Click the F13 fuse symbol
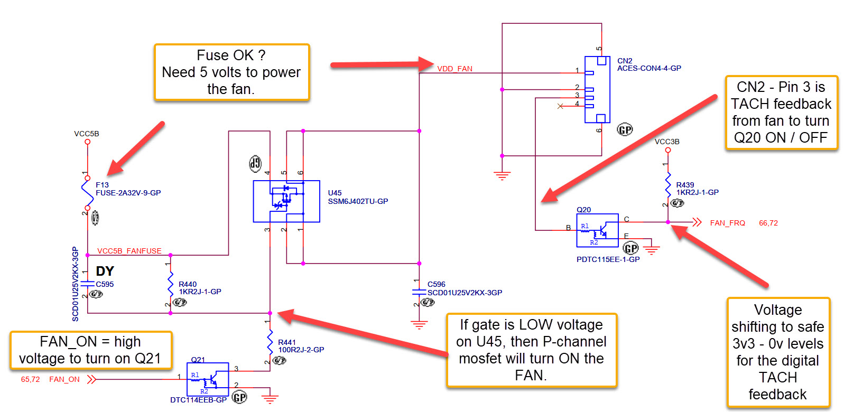[87, 193]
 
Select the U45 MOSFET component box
[286, 201]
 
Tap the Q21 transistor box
[208, 379]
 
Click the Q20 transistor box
[597, 230]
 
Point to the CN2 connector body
[597, 89]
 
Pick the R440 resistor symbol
[170, 285]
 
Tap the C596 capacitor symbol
[419, 292]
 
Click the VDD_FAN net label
[454, 69]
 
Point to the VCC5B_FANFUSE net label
[129, 251]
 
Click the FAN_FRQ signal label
[727, 223]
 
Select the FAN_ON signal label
[64, 379]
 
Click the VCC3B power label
[667, 142]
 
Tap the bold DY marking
[105, 271]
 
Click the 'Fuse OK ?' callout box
[231, 72]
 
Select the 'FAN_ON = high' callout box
[91, 350]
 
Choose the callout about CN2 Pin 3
[781, 113]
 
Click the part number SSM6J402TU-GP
[358, 201]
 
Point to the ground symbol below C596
[419, 324]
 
